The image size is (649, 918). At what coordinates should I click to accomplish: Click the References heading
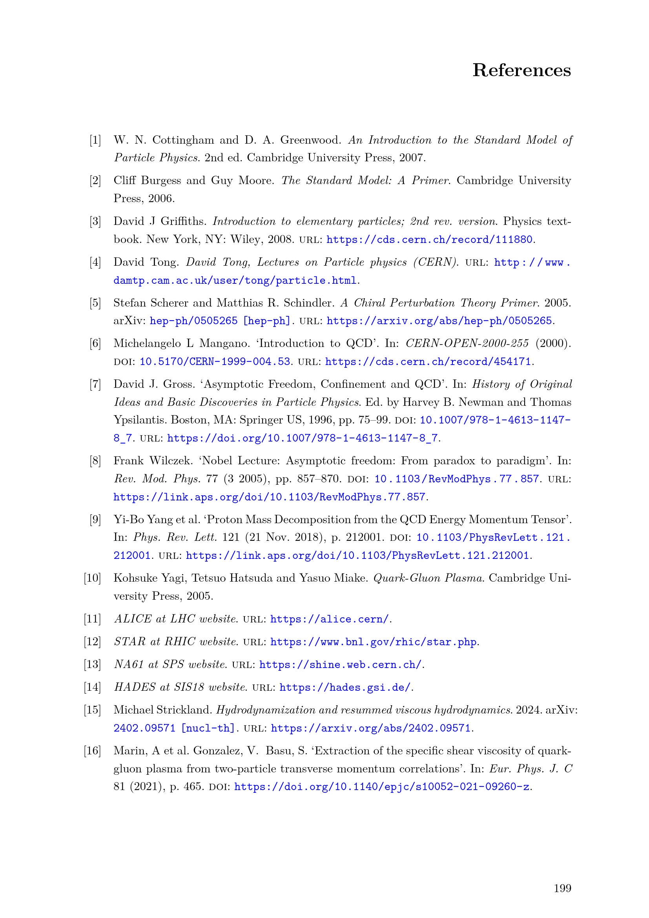[x=521, y=70]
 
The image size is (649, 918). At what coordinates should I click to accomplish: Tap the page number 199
[x=562, y=888]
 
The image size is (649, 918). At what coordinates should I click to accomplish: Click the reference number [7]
[x=95, y=384]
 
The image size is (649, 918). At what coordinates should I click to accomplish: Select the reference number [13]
[x=92, y=664]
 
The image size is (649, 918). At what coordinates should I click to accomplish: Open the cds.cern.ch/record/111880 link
[x=430, y=239]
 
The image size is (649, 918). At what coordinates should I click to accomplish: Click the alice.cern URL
[x=329, y=619]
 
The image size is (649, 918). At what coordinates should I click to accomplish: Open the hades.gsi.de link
[x=345, y=687]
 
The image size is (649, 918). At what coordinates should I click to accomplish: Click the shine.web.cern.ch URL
[x=340, y=664]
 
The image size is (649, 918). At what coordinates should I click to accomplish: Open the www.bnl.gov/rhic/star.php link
[x=373, y=642]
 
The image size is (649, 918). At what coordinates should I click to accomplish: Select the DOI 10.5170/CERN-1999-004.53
[x=215, y=362]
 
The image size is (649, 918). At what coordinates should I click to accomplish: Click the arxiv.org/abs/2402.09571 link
[x=370, y=728]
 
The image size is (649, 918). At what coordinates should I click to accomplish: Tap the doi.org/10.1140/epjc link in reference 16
[x=382, y=787]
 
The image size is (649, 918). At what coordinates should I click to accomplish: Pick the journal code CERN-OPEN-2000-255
[x=467, y=343]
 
